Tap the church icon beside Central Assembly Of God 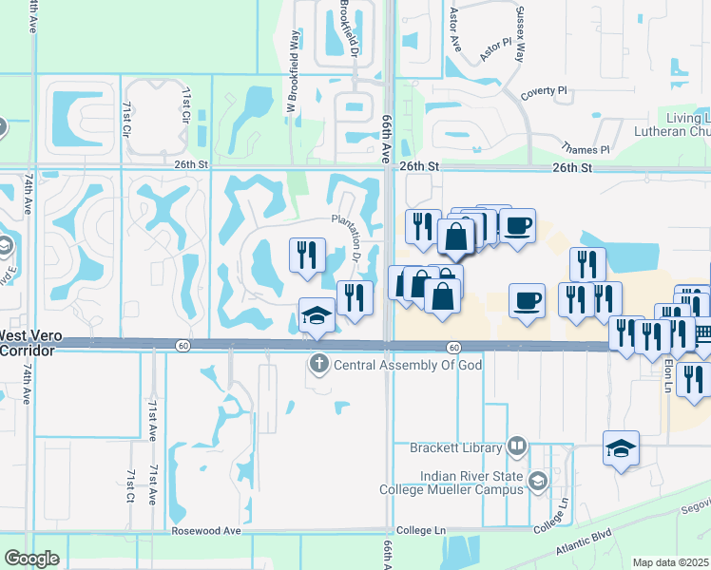coord(319,364)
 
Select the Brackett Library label coord(455,446)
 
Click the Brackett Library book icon coord(516,446)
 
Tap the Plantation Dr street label coord(348,237)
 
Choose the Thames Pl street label coord(586,149)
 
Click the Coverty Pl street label coord(544,91)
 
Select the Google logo coord(31,559)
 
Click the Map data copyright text coord(670,562)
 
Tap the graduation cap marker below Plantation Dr coord(317,315)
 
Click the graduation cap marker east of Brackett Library coord(622,448)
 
